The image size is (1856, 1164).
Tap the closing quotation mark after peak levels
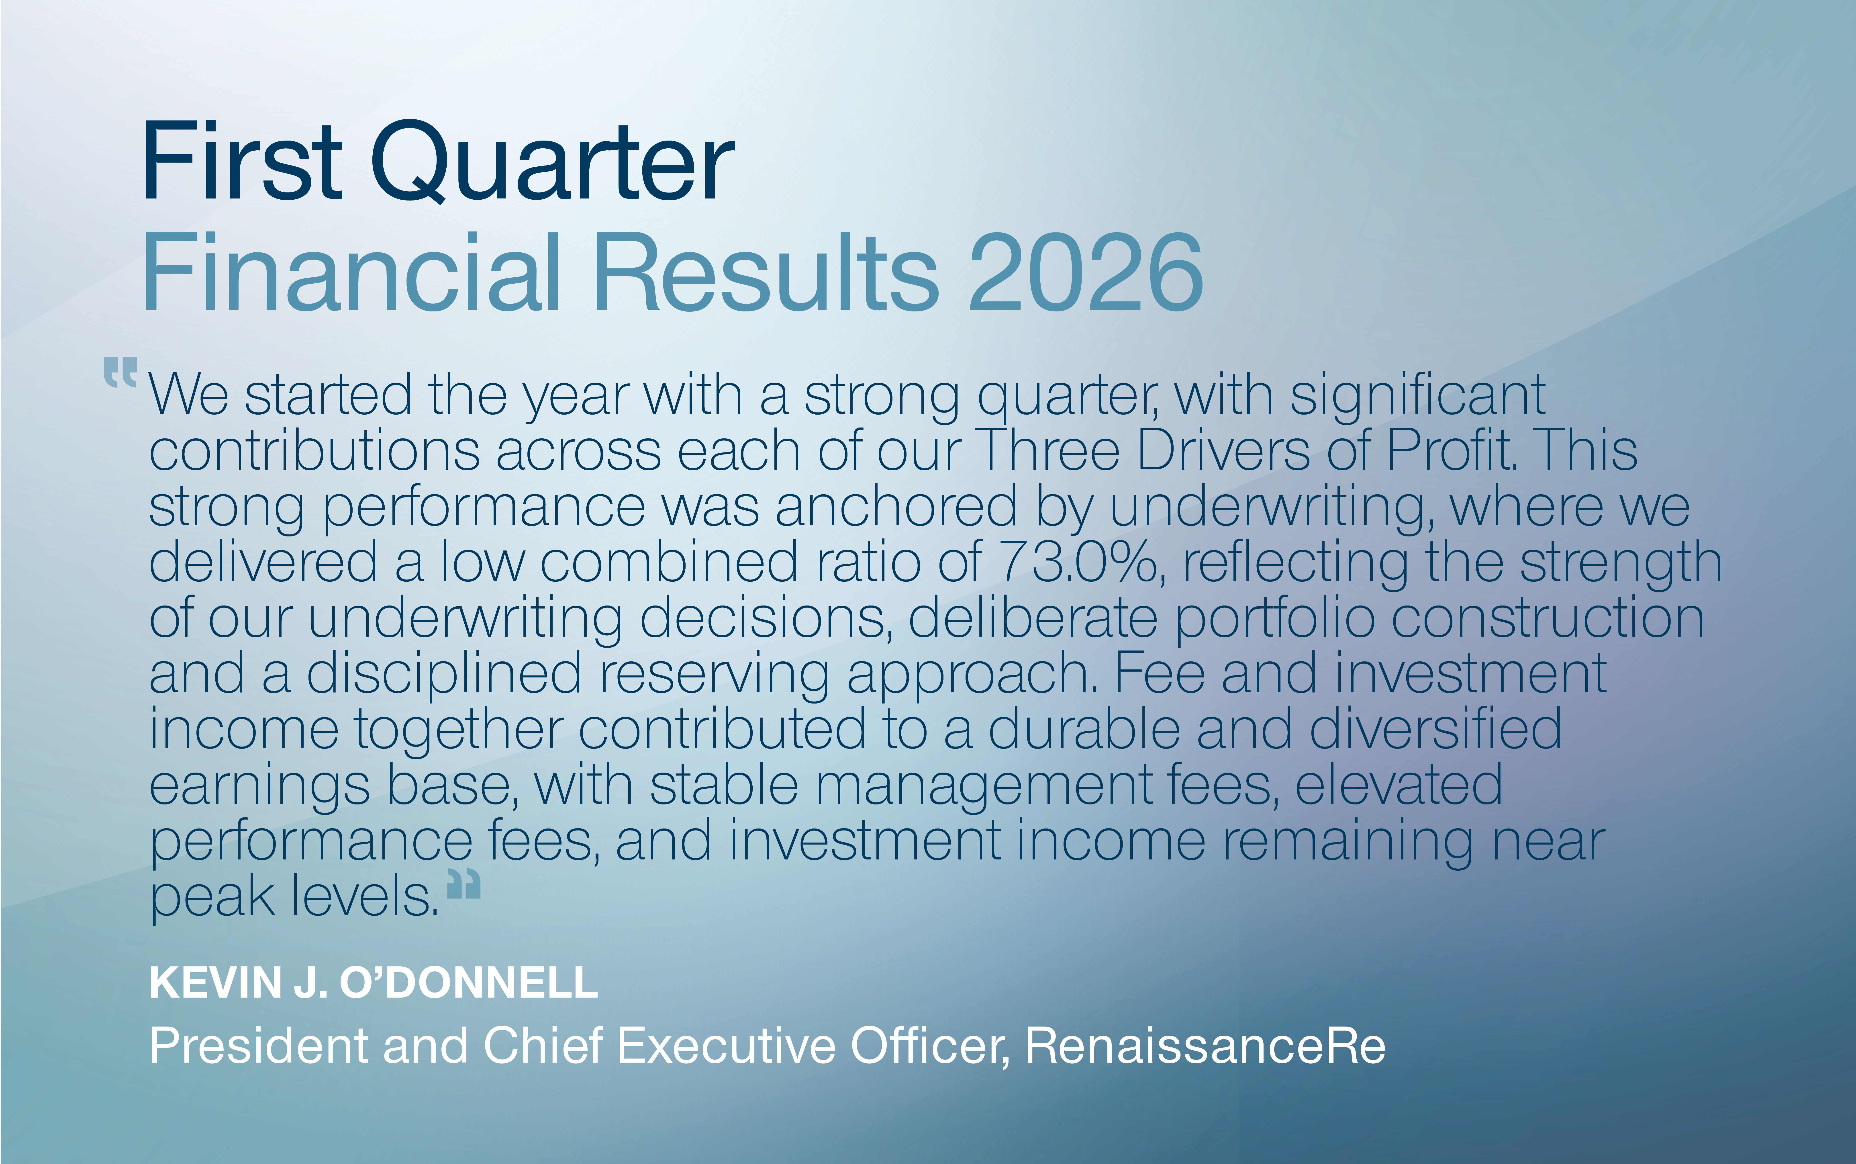click(464, 884)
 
